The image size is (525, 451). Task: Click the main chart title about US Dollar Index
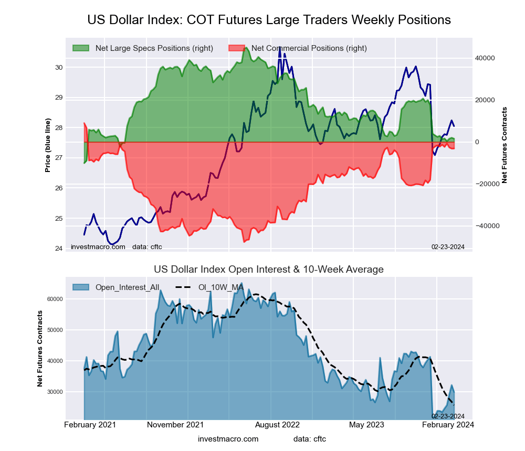[269, 20]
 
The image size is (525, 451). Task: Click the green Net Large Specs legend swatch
[81, 48]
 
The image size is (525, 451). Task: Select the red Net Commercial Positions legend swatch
[237, 48]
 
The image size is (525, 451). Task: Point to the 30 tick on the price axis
[58, 67]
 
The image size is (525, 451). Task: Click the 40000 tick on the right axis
[486, 58]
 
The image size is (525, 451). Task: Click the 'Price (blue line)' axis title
[48, 145]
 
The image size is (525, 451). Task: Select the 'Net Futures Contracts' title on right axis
[505, 145]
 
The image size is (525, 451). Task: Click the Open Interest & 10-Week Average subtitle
[269, 270]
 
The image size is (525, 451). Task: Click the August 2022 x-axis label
[270, 425]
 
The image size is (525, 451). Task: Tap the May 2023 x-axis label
[366, 425]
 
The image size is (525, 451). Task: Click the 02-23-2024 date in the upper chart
[448, 246]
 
